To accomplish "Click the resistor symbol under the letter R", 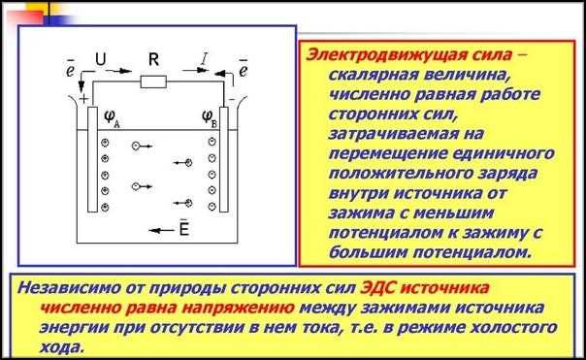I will tap(153, 82).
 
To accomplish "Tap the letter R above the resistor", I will tap(152, 59).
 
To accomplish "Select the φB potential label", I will tap(211, 117).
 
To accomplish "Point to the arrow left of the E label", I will tap(156, 231).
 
